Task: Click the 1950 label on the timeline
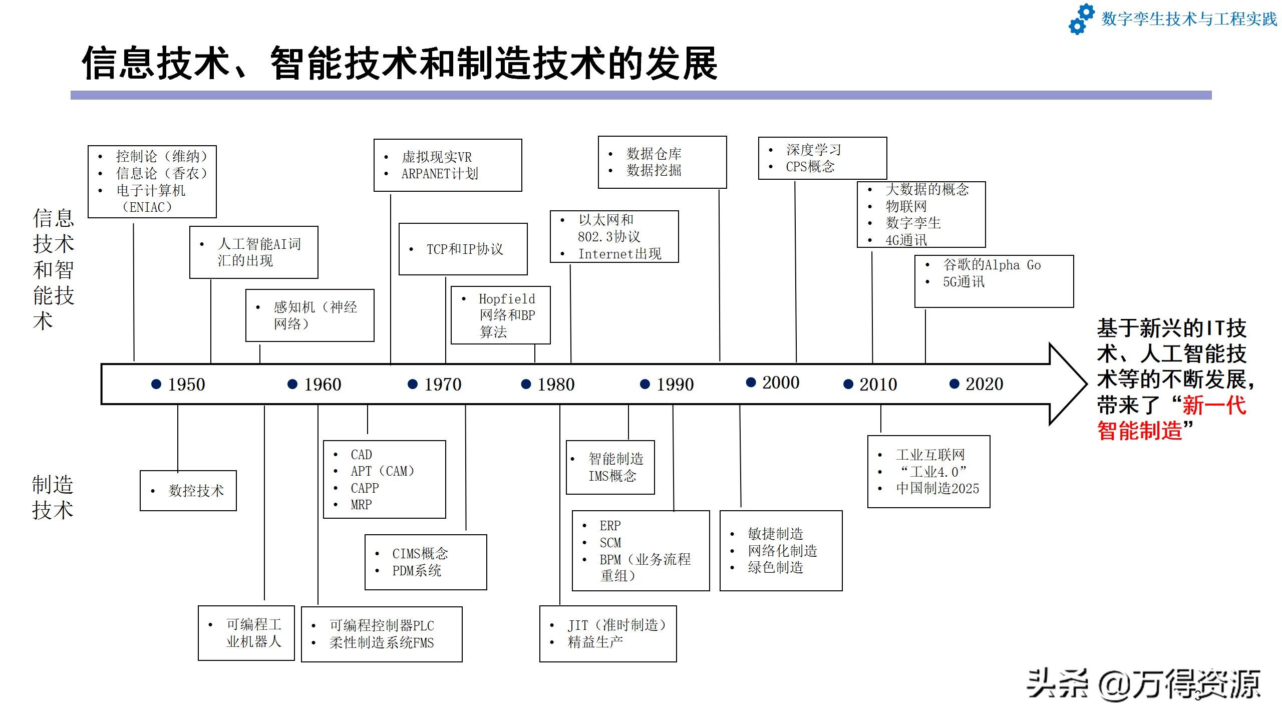(186, 385)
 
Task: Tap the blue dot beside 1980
(526, 384)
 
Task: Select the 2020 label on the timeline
(984, 384)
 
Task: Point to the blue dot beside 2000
(751, 383)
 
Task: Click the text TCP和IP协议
(464, 249)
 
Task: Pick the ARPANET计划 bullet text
(440, 174)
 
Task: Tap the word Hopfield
(507, 299)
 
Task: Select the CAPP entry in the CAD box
(365, 488)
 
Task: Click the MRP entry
(361, 505)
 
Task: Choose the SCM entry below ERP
(610, 543)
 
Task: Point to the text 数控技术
(196, 491)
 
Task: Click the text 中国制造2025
(937, 488)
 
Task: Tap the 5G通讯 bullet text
(964, 282)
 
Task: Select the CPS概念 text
(810, 167)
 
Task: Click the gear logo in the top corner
(1081, 19)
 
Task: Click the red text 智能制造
(1139, 431)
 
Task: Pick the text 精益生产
(595, 642)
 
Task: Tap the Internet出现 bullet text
(619, 254)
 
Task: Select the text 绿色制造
(775, 568)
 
